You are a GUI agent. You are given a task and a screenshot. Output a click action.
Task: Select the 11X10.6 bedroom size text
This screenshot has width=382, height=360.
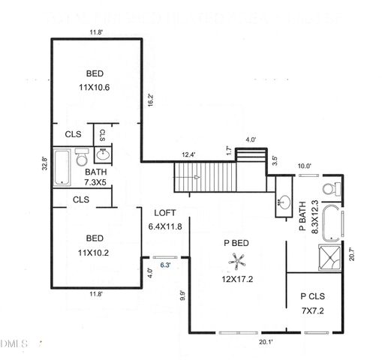click(95, 86)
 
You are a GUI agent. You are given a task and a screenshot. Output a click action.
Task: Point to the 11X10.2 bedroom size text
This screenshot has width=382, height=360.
click(95, 253)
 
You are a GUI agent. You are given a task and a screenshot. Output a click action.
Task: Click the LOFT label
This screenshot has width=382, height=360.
click(164, 212)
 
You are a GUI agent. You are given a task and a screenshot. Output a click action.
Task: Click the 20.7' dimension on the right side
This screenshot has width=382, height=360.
click(353, 256)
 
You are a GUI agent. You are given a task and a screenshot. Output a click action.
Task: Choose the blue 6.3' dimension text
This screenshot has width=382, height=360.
click(166, 265)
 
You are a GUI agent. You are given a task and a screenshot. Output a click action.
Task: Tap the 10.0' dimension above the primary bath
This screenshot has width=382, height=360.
click(304, 166)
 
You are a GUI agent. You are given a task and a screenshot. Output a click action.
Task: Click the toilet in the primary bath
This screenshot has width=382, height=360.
click(327, 187)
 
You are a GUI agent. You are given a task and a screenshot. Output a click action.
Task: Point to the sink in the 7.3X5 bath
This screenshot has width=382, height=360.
click(104, 156)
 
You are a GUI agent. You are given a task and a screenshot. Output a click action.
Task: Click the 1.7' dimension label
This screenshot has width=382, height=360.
click(227, 150)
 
